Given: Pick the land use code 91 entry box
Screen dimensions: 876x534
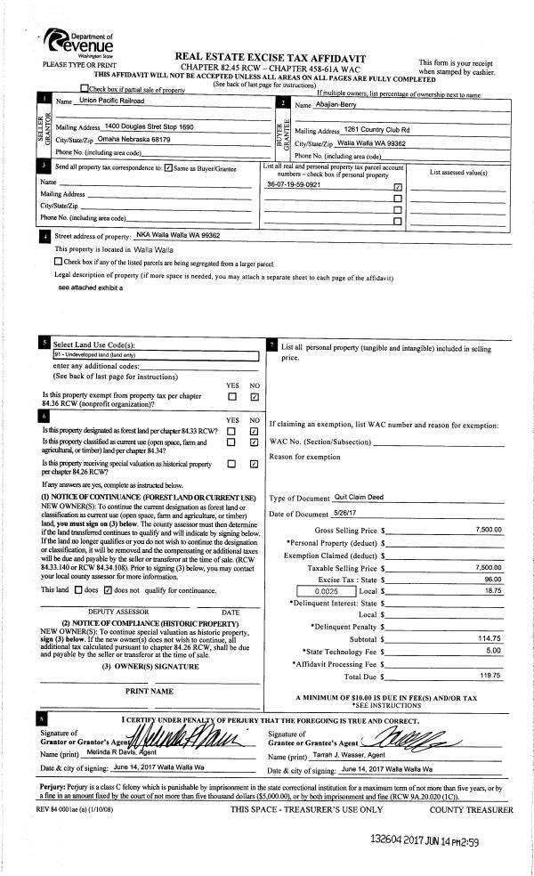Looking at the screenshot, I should (x=155, y=354).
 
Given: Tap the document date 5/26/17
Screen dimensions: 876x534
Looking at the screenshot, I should (x=349, y=514).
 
